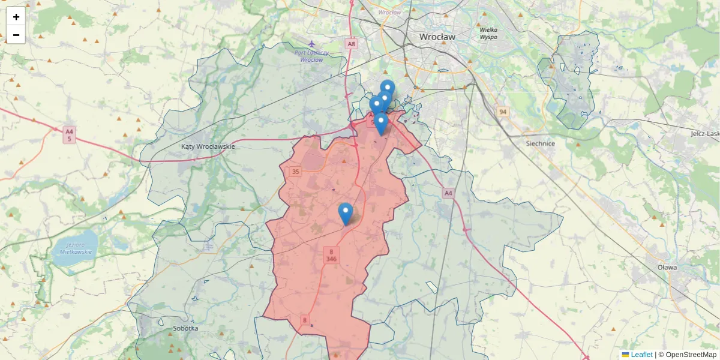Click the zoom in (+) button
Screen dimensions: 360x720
[16, 17]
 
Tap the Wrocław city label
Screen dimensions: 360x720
[437, 37]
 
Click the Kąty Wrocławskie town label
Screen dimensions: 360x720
[208, 146]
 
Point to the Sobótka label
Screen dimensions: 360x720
[185, 328]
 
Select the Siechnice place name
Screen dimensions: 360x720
[540, 143]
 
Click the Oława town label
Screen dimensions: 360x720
[667, 267]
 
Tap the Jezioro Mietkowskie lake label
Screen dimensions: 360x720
[76, 248]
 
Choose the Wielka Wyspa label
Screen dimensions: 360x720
[488, 33]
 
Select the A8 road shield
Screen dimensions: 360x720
[351, 44]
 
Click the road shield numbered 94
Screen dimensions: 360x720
[502, 112]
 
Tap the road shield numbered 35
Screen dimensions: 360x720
[295, 172]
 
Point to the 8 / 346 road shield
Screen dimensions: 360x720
[331, 255]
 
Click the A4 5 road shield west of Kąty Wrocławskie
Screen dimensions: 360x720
[70, 135]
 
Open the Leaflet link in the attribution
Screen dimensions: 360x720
[641, 355]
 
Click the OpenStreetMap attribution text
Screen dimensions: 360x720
[691, 355]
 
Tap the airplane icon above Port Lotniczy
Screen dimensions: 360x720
[311, 44]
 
